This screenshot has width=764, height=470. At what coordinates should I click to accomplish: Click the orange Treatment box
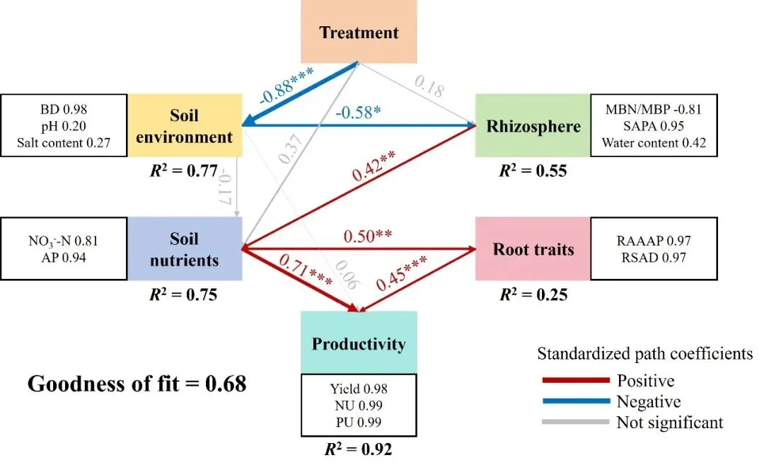pyautogui.click(x=359, y=32)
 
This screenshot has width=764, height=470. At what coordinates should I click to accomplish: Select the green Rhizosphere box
pyautogui.click(x=533, y=126)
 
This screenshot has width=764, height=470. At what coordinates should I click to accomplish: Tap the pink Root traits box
pyautogui.click(x=533, y=248)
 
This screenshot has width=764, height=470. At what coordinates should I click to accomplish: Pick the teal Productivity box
pyautogui.click(x=359, y=343)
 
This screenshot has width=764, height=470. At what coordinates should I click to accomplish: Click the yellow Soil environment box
pyautogui.click(x=185, y=125)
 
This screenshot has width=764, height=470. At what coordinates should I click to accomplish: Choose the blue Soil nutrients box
pyautogui.click(x=185, y=248)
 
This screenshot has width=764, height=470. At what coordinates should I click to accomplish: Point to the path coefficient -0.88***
pyautogui.click(x=286, y=86)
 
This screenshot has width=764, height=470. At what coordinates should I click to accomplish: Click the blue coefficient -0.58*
pyautogui.click(x=358, y=112)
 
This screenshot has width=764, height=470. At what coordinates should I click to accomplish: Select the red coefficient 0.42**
pyautogui.click(x=374, y=166)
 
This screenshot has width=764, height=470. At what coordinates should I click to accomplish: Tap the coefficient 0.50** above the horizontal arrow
pyautogui.click(x=367, y=236)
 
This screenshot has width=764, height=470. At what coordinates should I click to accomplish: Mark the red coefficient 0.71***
pyautogui.click(x=306, y=270)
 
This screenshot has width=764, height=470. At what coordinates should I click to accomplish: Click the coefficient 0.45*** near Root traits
pyautogui.click(x=402, y=273)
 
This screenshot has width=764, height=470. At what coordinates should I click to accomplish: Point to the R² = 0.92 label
pyautogui.click(x=358, y=449)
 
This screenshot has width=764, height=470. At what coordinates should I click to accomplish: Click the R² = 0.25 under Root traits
pyautogui.click(x=533, y=294)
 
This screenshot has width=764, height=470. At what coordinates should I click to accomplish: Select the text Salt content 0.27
pyautogui.click(x=64, y=143)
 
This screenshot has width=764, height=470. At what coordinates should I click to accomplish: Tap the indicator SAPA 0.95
pyautogui.click(x=654, y=126)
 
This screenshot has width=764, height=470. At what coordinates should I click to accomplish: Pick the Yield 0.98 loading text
pyautogui.click(x=359, y=389)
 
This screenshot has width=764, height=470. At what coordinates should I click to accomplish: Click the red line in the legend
pyautogui.click(x=576, y=380)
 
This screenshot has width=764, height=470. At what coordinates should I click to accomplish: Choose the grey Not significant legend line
pyautogui.click(x=576, y=422)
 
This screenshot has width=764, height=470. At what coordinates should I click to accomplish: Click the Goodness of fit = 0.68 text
pyautogui.click(x=137, y=384)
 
